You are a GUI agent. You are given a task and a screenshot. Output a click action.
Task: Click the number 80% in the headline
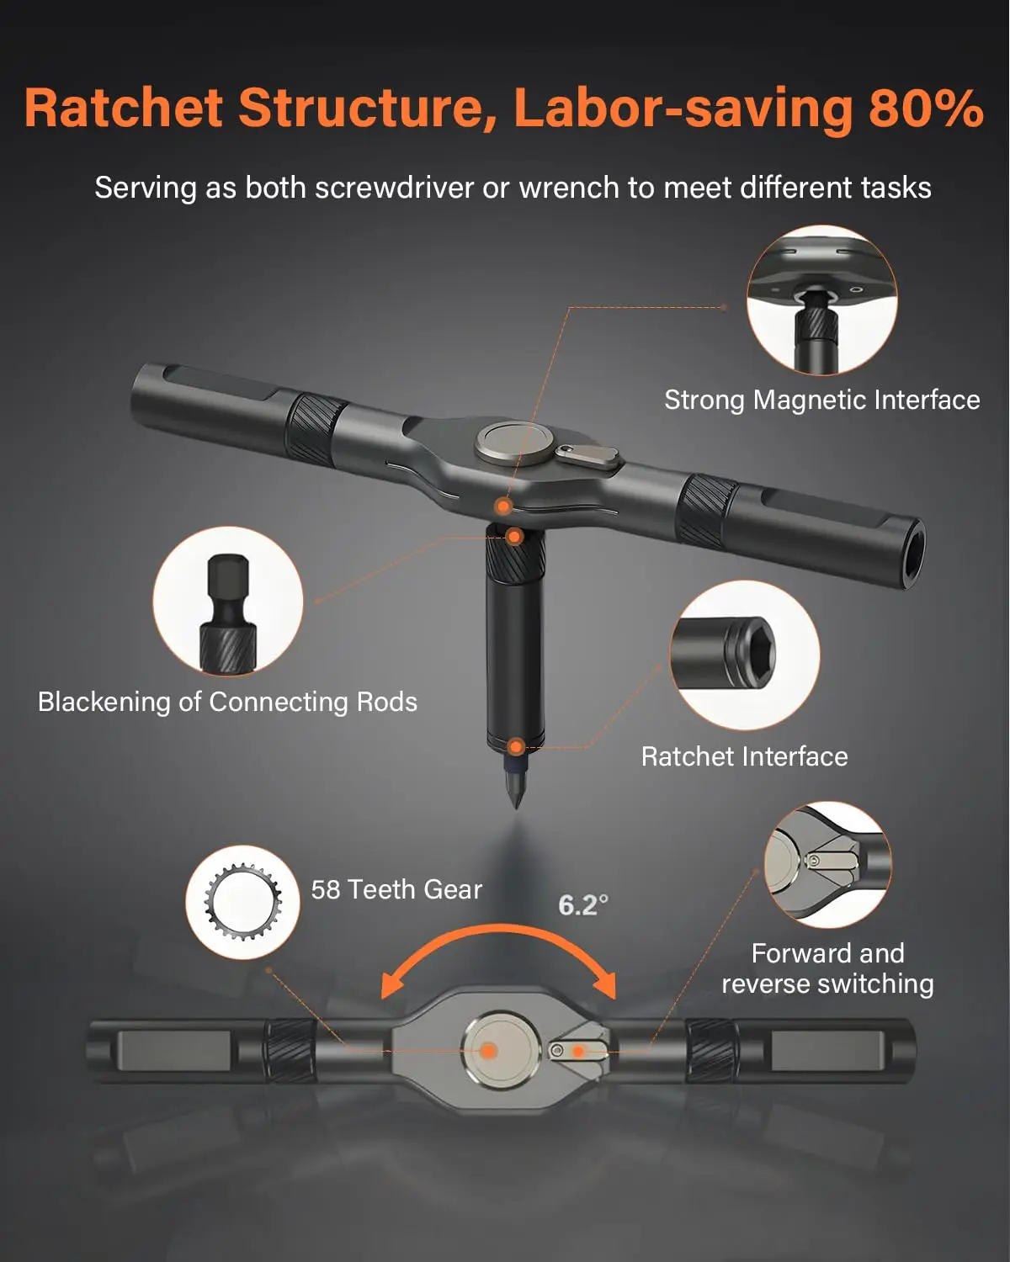tap(926, 108)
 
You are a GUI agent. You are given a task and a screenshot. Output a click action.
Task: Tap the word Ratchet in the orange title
tap(124, 108)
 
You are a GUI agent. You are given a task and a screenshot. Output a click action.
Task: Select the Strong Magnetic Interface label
tap(821, 400)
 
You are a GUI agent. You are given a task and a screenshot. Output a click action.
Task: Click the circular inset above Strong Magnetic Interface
tap(821, 300)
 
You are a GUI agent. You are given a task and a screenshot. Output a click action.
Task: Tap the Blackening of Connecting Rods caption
tap(227, 702)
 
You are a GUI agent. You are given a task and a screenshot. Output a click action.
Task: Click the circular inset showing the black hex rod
tap(227, 601)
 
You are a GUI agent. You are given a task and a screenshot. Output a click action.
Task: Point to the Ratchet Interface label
tap(744, 756)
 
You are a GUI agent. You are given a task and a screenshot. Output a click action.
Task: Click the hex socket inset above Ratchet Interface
tap(744, 655)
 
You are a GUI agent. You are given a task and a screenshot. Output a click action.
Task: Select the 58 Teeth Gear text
tap(396, 889)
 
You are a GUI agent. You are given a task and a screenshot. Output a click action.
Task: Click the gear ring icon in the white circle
tap(242, 903)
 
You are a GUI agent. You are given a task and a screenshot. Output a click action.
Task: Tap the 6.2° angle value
tap(582, 905)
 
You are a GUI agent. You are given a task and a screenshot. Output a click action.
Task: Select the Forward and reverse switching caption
tap(827, 968)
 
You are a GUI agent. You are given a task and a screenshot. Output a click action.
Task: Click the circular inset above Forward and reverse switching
tap(827, 865)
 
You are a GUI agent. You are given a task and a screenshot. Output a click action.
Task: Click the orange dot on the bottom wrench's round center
tap(488, 1050)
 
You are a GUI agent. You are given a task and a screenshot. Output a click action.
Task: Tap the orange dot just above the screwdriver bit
tap(516, 746)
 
